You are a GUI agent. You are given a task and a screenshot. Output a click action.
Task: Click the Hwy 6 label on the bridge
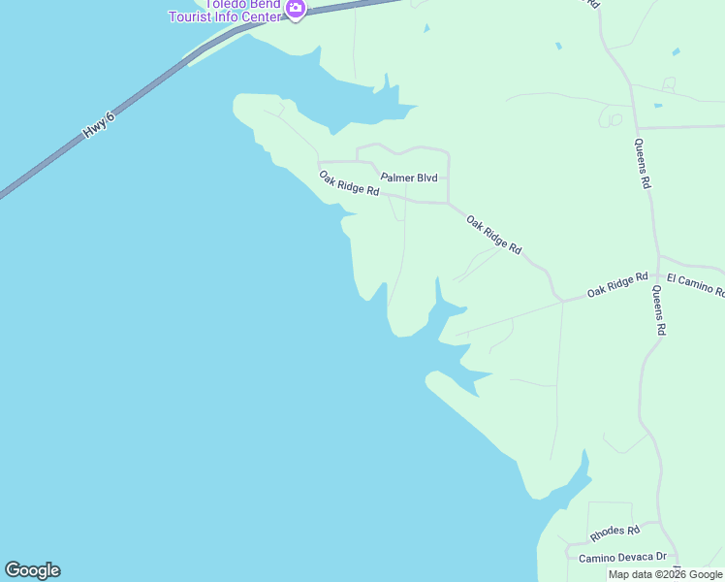click(x=99, y=124)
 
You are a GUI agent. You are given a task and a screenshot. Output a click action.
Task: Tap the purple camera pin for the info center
click(x=296, y=10)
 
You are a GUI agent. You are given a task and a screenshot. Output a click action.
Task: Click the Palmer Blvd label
click(x=409, y=178)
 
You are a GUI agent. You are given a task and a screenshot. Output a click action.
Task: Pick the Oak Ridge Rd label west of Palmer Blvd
click(x=349, y=183)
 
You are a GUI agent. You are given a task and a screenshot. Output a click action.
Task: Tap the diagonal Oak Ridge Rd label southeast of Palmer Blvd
click(x=493, y=236)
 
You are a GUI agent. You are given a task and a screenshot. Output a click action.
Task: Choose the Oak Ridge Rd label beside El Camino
click(x=617, y=284)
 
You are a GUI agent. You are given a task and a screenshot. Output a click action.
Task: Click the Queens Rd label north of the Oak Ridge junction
click(x=643, y=162)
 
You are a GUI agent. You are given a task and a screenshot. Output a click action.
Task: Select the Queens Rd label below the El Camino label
click(x=659, y=310)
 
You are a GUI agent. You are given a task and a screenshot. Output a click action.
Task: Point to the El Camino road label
click(x=695, y=284)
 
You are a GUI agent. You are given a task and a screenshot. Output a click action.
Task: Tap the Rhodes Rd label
click(x=615, y=533)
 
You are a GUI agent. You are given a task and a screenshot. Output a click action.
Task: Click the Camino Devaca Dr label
click(x=622, y=558)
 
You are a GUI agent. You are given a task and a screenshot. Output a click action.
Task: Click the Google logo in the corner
click(x=32, y=570)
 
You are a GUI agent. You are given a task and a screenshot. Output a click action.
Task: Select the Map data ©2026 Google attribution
click(x=665, y=574)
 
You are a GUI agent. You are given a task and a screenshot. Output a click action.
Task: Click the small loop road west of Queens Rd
click(x=611, y=118)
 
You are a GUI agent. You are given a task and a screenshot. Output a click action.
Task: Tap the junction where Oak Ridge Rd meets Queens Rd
click(x=659, y=258)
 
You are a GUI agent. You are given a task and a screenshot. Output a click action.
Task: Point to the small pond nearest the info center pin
click(x=426, y=28)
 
